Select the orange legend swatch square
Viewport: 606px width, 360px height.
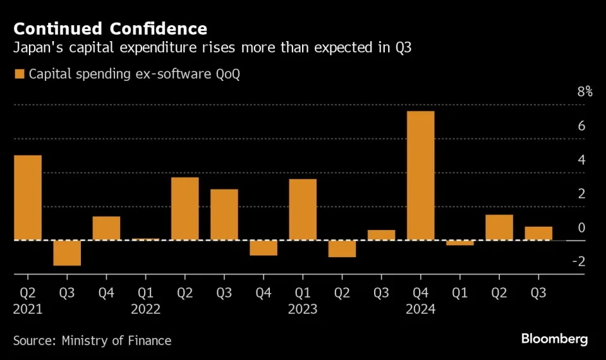[x=19, y=75]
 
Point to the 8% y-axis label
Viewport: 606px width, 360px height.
[x=585, y=92]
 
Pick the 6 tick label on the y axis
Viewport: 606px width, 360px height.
[x=581, y=126]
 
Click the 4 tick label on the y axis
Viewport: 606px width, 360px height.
[x=581, y=160]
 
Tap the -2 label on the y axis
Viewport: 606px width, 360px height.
[x=578, y=261]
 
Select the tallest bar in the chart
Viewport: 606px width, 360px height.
[x=420, y=176]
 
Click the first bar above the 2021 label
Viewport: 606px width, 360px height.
[x=27, y=198]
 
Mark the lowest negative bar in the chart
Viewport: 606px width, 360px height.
[x=67, y=253]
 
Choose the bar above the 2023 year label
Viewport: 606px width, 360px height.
[x=303, y=210]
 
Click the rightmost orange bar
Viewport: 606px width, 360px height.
[x=538, y=233]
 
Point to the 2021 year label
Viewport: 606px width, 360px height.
[x=27, y=309]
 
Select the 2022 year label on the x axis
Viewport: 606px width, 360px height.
[x=145, y=309]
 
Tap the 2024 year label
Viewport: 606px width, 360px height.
[x=421, y=309]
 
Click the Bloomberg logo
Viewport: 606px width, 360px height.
[x=554, y=339]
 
